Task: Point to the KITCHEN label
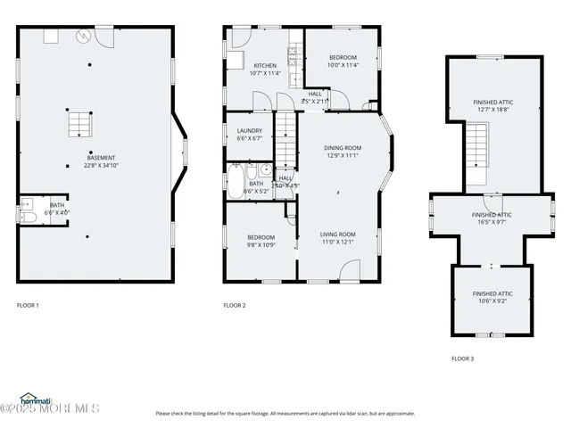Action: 265,66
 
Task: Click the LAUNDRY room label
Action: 249,131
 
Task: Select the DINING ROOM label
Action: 342,148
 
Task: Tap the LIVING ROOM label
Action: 338,234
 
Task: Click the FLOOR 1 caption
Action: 28,306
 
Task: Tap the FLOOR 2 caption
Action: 235,306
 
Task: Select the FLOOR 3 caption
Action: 462,358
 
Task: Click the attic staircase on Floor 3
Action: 480,146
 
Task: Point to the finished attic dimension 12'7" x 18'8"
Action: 492,110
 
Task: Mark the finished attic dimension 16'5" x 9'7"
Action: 492,223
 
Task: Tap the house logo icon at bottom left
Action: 33,398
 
